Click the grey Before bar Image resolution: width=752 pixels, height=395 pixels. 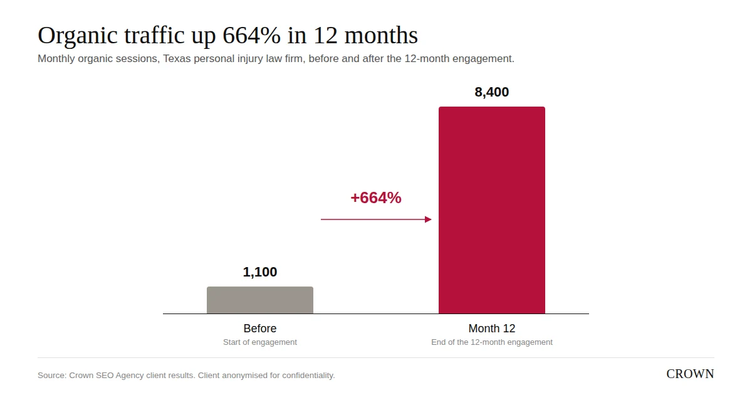[x=260, y=300]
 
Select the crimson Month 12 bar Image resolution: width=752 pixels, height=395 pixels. [x=492, y=210]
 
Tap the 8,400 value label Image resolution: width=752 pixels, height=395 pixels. [x=492, y=92]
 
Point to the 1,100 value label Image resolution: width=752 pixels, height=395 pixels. [x=260, y=272]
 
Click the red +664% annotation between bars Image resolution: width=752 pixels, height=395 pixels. [x=376, y=197]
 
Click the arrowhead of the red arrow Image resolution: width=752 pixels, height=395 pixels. [x=428, y=219]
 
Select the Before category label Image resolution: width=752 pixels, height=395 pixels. [x=260, y=328]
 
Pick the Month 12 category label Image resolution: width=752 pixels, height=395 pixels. [x=492, y=328]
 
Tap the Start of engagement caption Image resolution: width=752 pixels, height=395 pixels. [x=260, y=342]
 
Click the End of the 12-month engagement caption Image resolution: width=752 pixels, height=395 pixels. [x=492, y=342]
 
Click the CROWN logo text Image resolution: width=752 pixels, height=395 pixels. [x=690, y=374]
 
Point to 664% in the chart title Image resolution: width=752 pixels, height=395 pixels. [x=251, y=35]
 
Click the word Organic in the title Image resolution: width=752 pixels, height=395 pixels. [x=78, y=36]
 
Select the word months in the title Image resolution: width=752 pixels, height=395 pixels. [x=382, y=35]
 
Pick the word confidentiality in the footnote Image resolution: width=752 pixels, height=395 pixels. [x=308, y=376]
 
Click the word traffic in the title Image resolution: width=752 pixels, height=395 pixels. [x=154, y=35]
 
